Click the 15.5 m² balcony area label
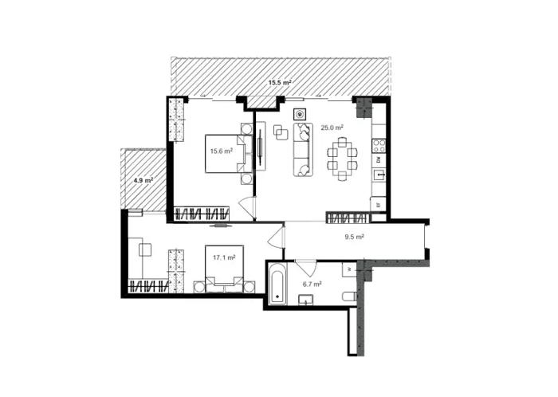[x=280, y=83]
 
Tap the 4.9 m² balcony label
[x=143, y=180]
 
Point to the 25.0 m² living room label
[x=332, y=128]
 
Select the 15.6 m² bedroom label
[x=222, y=151]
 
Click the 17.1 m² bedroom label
[x=224, y=257]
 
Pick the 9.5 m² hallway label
[x=354, y=236]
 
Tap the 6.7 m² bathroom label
[x=312, y=285]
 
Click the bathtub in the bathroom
[x=277, y=284]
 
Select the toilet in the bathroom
[x=349, y=296]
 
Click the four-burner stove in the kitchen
[x=379, y=146]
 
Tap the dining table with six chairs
[x=342, y=159]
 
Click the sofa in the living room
[x=303, y=149]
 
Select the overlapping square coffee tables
[x=281, y=132]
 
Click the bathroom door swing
[x=305, y=268]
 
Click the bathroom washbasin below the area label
[x=306, y=300]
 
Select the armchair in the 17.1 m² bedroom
[x=145, y=250]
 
